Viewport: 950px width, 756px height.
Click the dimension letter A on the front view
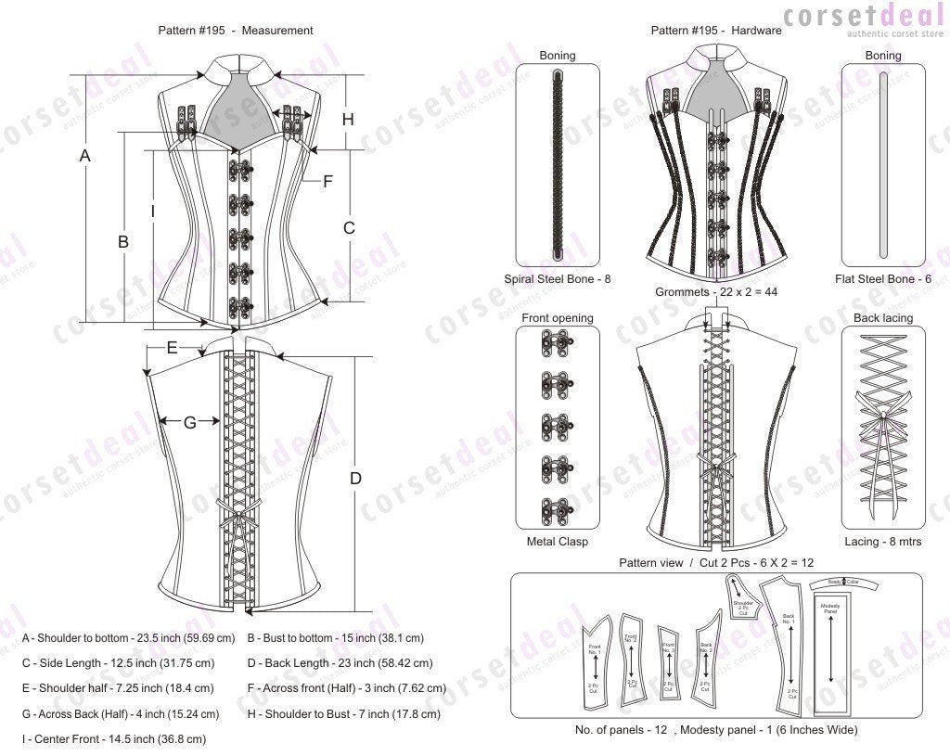pyautogui.click(x=84, y=157)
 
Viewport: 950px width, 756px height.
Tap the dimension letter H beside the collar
pyautogui.click(x=348, y=119)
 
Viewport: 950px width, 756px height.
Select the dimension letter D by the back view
pyautogui.click(x=355, y=478)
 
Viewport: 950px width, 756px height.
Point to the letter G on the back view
pyautogui.click(x=189, y=422)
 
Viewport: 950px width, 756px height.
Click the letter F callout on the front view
pyautogui.click(x=327, y=182)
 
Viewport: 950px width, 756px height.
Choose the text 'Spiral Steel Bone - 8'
pyautogui.click(x=558, y=278)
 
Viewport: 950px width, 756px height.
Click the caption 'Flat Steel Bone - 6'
pyautogui.click(x=882, y=278)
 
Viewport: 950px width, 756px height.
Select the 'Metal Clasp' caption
pyautogui.click(x=557, y=542)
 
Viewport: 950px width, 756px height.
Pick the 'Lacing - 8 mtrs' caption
pyautogui.click(x=882, y=542)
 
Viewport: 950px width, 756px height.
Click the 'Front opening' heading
pyautogui.click(x=557, y=318)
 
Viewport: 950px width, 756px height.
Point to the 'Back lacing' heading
pyautogui.click(x=882, y=318)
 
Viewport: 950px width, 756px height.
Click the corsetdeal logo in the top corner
pyautogui.click(x=862, y=19)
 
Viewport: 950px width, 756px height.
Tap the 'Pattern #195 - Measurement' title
pyautogui.click(x=236, y=31)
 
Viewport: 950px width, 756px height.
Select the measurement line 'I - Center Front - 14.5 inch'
pyautogui.click(x=114, y=739)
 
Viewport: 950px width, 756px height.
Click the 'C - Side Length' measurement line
pyautogui.click(x=119, y=663)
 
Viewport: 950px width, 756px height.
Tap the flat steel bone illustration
pyautogui.click(x=882, y=163)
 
